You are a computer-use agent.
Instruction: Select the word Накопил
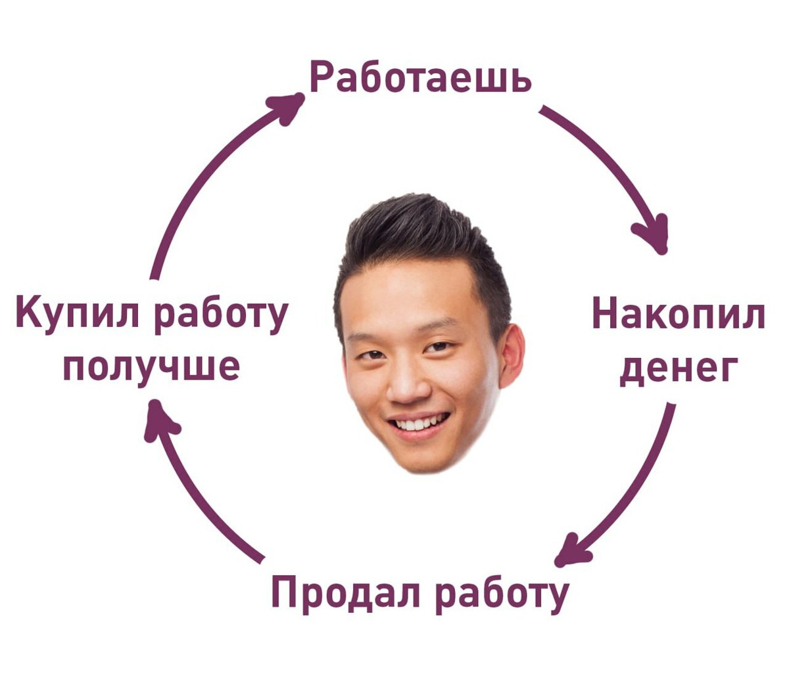pos(678,315)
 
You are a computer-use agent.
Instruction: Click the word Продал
pos(347,593)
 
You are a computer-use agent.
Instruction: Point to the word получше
pos(151,365)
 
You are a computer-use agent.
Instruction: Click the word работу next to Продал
pos(501,594)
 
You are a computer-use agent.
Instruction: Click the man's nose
pos(409,387)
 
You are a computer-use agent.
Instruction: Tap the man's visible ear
pos(512,355)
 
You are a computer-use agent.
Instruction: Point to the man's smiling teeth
pos(419,424)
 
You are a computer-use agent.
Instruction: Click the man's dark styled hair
pos(421,236)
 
